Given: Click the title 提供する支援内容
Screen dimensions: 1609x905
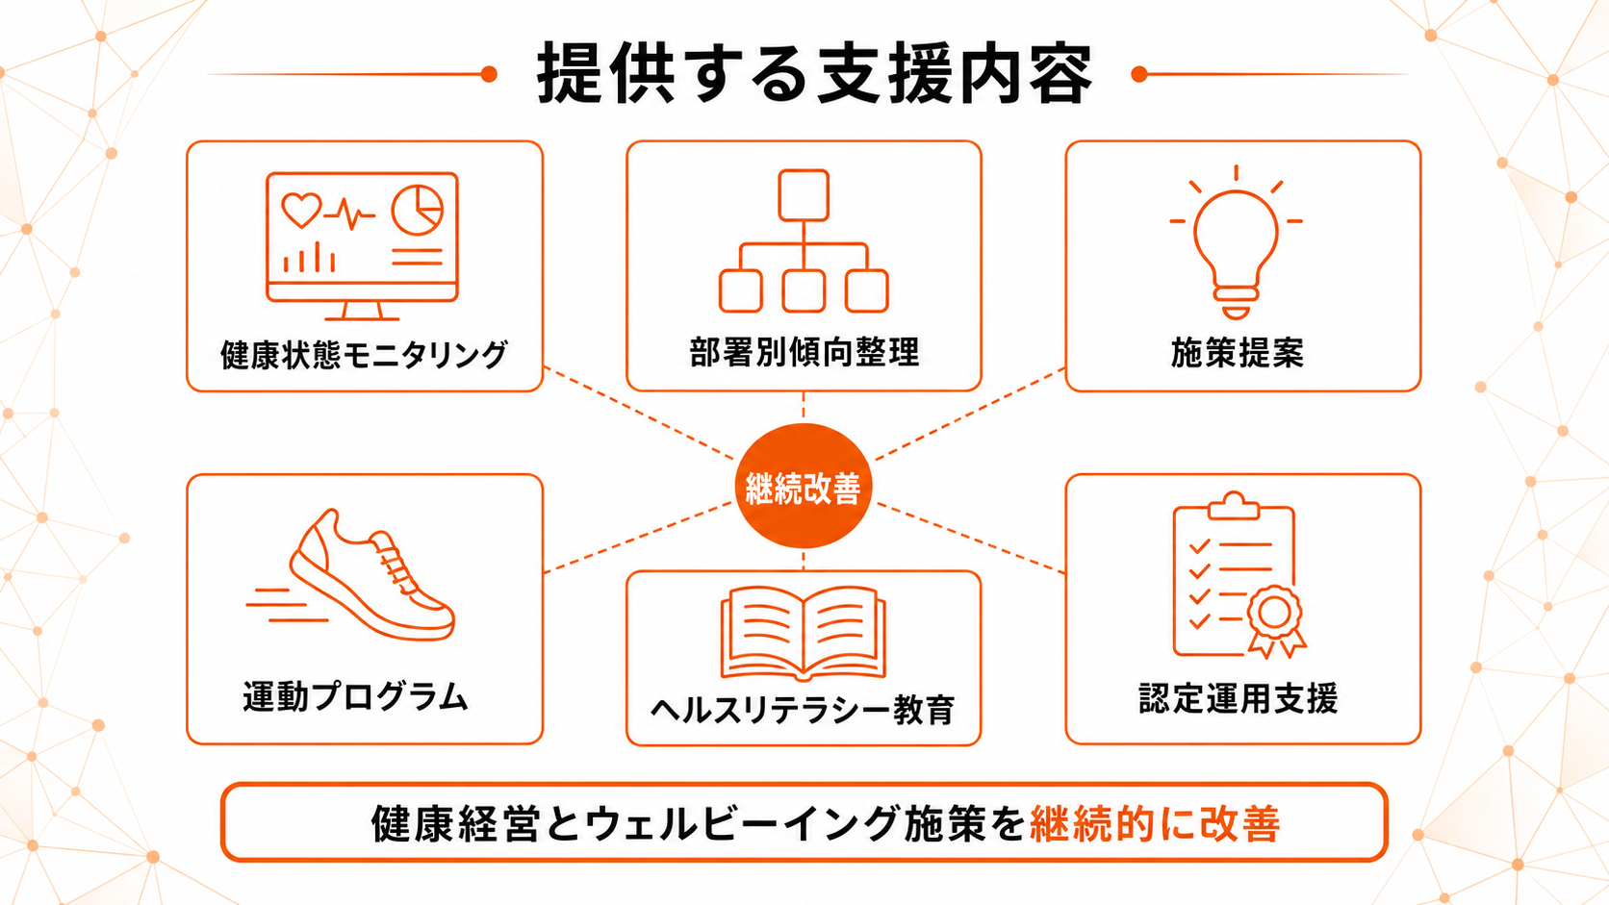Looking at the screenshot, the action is click(x=814, y=73).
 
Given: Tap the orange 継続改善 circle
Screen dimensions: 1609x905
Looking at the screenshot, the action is click(x=804, y=486).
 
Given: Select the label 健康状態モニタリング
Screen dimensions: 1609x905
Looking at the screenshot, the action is click(x=364, y=355).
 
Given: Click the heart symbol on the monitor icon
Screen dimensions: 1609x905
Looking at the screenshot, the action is click(x=301, y=210).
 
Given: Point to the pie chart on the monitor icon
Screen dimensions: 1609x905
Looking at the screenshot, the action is click(x=418, y=211).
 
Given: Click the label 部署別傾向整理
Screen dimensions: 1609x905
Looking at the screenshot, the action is click(x=804, y=352).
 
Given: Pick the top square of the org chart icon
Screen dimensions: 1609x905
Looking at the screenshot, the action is click(x=804, y=195).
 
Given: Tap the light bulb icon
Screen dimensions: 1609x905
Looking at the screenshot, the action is click(x=1236, y=241).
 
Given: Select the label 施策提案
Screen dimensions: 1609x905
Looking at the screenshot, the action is click(x=1237, y=353).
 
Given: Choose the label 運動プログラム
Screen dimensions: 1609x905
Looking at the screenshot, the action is click(x=355, y=697).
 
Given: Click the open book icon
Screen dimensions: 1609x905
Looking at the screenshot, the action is click(x=804, y=633).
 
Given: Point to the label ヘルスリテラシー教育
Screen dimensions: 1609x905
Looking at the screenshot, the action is click(x=803, y=711).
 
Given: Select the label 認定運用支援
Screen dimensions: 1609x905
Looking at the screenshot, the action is click(x=1238, y=698).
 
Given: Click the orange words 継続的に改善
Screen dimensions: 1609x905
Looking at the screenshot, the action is click(x=1155, y=823).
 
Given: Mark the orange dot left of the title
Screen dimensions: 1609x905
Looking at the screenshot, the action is click(x=489, y=74).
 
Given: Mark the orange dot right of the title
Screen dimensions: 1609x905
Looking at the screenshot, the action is click(x=1139, y=74).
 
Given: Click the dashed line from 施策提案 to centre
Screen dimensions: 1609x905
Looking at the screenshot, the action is click(x=970, y=415).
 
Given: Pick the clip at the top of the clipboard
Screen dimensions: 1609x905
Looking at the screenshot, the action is click(x=1234, y=506).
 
